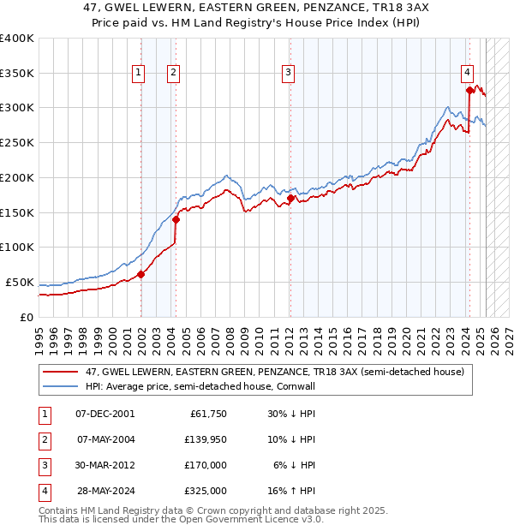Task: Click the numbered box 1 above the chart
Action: click(x=138, y=74)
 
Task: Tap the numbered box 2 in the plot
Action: click(x=173, y=74)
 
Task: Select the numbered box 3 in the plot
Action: click(x=289, y=74)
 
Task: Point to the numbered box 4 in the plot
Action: click(x=468, y=74)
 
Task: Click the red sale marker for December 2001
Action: click(x=141, y=274)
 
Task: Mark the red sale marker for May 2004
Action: click(x=176, y=219)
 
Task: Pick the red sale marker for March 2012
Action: click(x=290, y=199)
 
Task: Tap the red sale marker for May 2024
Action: click(x=469, y=90)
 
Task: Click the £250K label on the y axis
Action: click(x=17, y=143)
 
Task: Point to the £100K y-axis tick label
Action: click(x=17, y=248)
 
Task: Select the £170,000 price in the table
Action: click(x=206, y=465)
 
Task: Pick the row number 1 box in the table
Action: click(x=43, y=414)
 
